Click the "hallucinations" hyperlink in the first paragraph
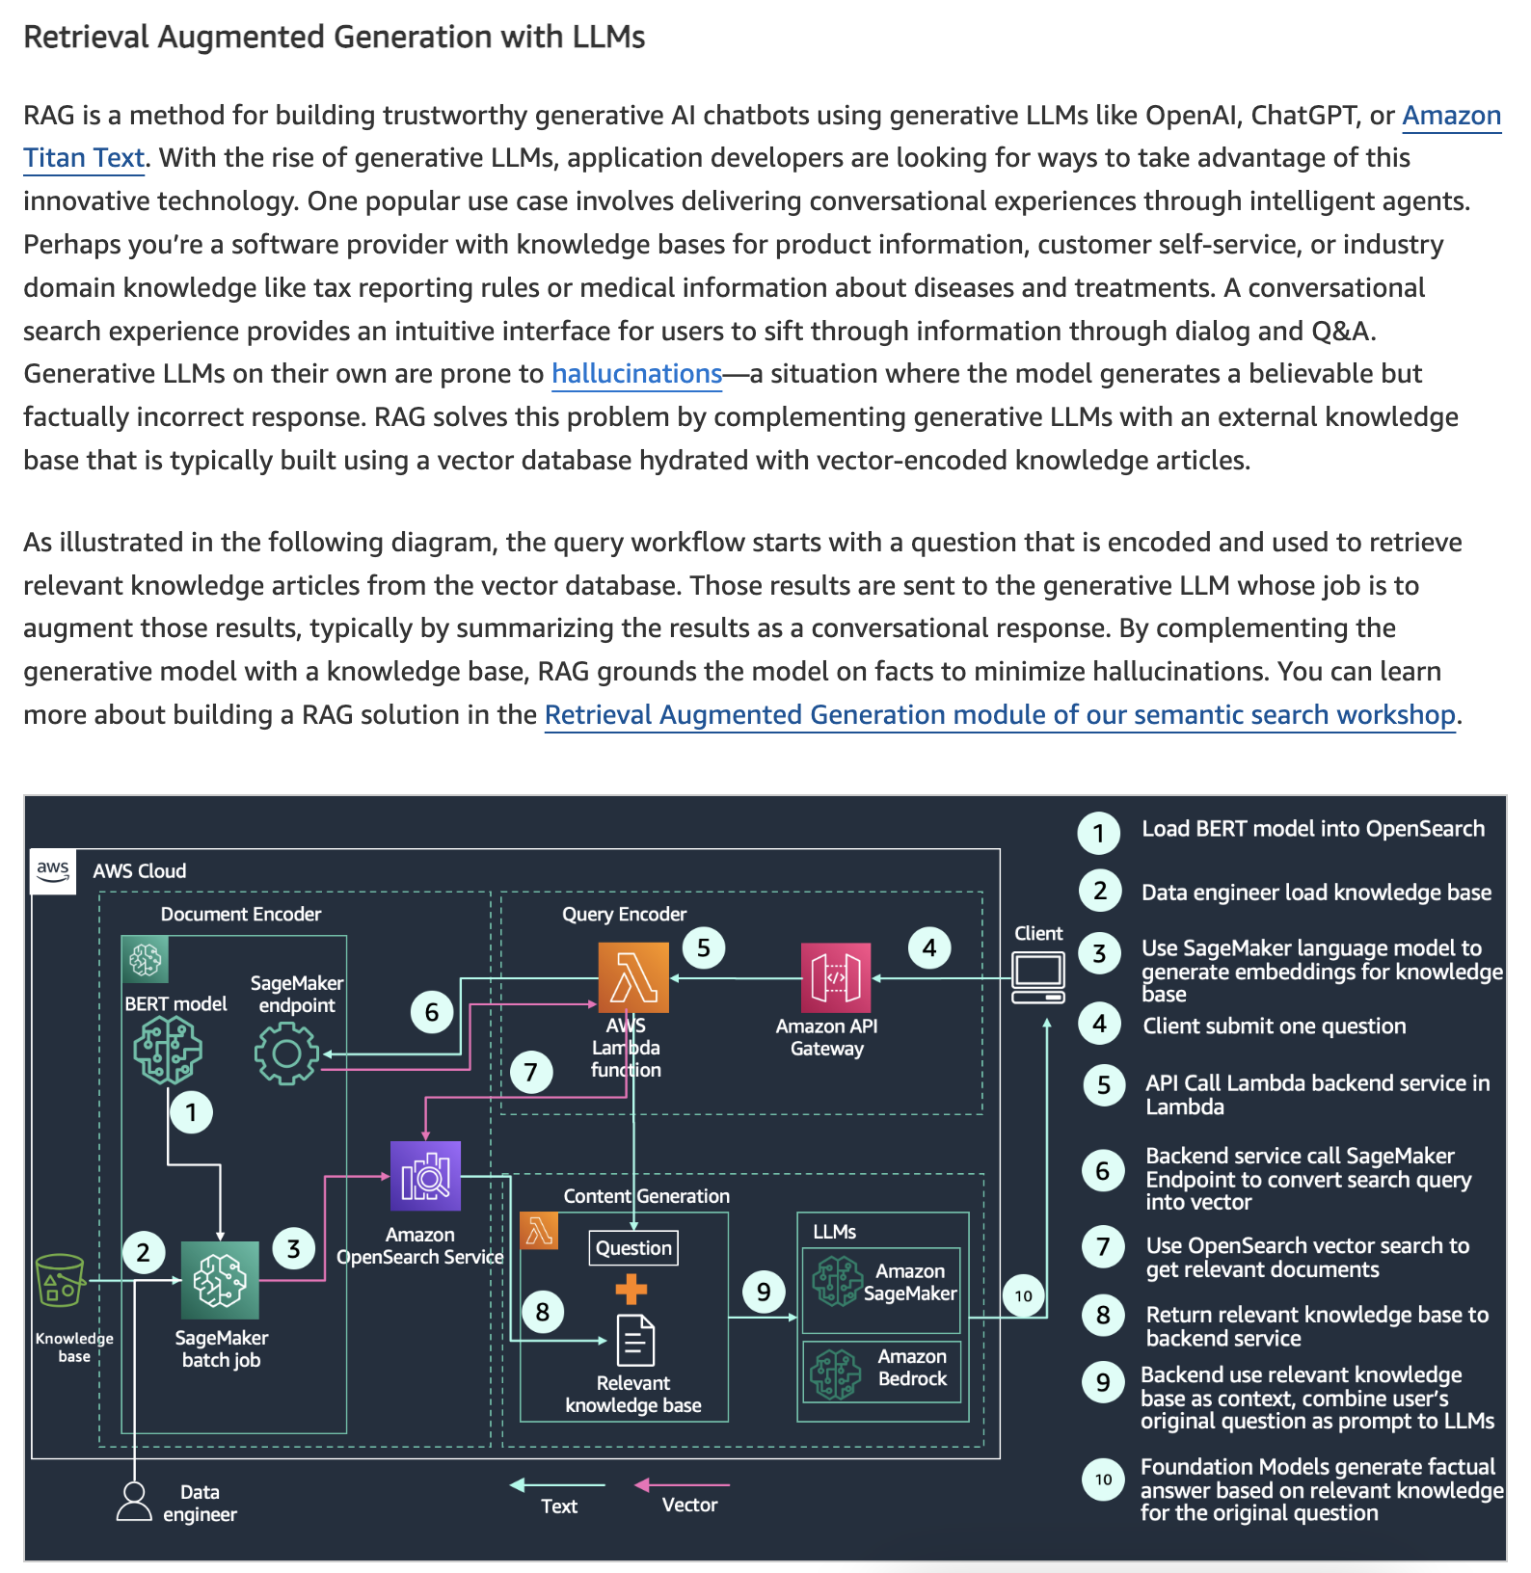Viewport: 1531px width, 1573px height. pos(636,374)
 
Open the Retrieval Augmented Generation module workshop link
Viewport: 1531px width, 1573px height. pos(1000,715)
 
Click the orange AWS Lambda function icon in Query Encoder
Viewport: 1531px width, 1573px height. pos(633,977)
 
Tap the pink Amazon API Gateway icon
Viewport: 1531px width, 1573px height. pos(836,978)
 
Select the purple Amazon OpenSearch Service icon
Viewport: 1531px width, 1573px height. pos(425,1176)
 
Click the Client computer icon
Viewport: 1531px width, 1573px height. pos(1038,977)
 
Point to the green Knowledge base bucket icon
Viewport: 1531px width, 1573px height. pos(60,1280)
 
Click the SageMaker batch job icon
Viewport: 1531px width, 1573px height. pos(220,1280)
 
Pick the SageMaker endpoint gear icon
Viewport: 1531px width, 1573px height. pos(286,1053)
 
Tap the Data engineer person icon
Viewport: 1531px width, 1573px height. pos(134,1502)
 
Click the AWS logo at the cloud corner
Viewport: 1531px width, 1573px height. pos(53,871)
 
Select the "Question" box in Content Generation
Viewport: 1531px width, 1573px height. pos(633,1248)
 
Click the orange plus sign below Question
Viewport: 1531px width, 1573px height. pos(631,1289)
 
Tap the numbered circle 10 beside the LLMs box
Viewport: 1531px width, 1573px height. pos(1024,1296)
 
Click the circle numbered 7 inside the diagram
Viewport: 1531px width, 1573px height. pos(531,1072)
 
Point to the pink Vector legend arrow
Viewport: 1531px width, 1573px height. pos(682,1485)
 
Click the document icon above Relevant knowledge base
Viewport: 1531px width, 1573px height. pos(634,1341)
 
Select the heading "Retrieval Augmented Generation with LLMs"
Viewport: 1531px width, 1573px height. pos(335,38)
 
